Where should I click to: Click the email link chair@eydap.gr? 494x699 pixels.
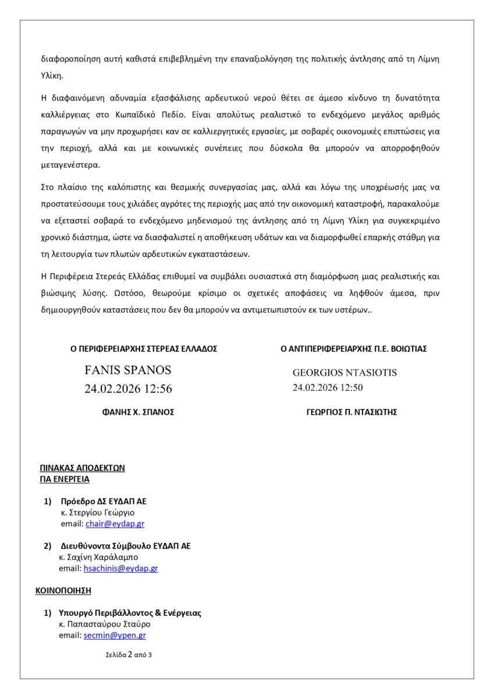click(115, 524)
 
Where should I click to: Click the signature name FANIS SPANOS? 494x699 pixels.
click(128, 370)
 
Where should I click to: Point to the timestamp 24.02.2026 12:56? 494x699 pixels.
click(128, 389)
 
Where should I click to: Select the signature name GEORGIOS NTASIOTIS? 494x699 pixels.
click(344, 372)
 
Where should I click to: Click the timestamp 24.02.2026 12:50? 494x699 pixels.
click(328, 387)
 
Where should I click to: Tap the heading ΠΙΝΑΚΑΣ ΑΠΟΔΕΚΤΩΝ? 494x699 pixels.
click(83, 468)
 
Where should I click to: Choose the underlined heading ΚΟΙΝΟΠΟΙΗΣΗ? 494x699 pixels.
click(63, 590)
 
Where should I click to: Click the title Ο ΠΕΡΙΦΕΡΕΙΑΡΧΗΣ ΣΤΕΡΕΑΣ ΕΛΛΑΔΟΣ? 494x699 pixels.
click(144, 349)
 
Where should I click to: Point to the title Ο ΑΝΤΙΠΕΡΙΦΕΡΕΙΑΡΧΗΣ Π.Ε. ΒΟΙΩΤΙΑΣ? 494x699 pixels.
click(354, 349)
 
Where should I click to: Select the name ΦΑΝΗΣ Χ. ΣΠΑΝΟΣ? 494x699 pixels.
click(138, 412)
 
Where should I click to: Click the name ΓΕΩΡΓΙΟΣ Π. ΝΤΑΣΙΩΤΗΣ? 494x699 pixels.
click(351, 412)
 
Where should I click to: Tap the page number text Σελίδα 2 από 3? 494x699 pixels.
click(129, 654)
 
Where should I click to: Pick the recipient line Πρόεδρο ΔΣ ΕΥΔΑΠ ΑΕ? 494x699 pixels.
click(102, 502)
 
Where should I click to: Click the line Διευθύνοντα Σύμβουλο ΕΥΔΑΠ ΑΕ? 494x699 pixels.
click(126, 546)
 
